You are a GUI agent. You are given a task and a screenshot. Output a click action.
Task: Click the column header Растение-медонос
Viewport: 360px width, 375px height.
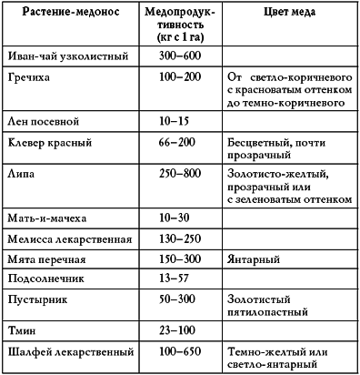(x=68, y=15)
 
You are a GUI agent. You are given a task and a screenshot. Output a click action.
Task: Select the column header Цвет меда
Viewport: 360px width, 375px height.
(x=288, y=15)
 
